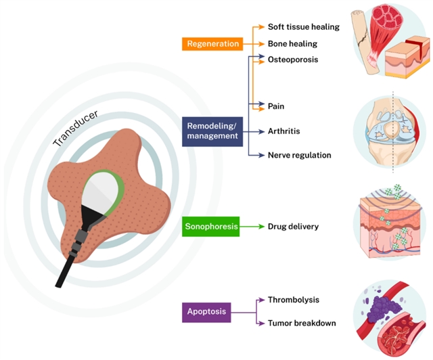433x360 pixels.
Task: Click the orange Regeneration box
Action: click(212, 44)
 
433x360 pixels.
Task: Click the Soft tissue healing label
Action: click(303, 27)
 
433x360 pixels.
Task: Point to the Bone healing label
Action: click(293, 43)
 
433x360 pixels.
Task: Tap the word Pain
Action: click(276, 106)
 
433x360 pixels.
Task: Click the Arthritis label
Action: click(284, 131)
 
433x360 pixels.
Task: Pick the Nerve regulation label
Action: click(300, 155)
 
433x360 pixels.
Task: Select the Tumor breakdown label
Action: click(302, 323)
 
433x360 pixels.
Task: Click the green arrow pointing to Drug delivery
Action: click(252, 227)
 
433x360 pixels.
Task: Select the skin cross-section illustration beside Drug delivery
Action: click(391, 227)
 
